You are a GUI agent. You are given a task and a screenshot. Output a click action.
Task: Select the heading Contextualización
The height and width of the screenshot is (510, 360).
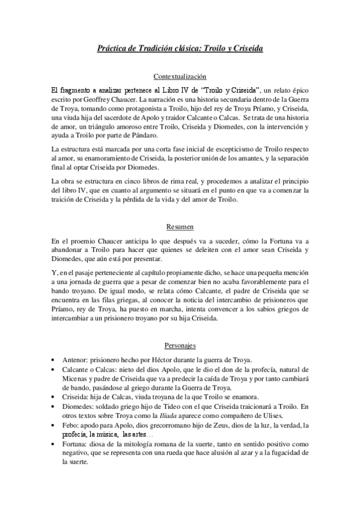click(180, 77)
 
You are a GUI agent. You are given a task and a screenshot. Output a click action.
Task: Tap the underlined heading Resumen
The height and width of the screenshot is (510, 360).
click(180, 227)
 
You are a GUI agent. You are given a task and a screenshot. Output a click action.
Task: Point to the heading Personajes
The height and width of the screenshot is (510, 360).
click(180, 346)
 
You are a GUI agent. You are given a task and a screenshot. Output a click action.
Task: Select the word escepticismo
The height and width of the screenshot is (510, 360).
click(215, 149)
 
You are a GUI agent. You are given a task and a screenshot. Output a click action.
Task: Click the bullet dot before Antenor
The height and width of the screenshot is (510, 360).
click(55, 359)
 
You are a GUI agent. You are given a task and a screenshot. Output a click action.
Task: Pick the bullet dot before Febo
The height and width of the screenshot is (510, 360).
click(55, 425)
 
